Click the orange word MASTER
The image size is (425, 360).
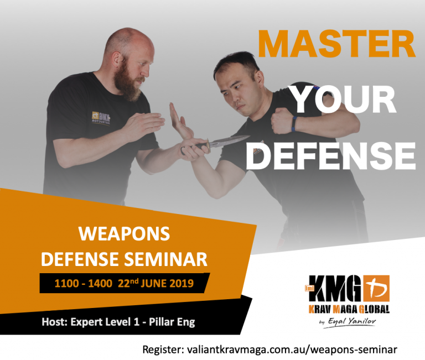[336, 44]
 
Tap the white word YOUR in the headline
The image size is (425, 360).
[344, 100]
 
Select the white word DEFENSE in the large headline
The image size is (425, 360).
[331, 156]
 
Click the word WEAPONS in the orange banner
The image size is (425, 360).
[124, 233]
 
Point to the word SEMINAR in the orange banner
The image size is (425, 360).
[165, 259]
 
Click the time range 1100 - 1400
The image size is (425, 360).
[83, 284]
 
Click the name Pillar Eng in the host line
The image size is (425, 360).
[172, 322]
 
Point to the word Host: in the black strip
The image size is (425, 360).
[54, 322]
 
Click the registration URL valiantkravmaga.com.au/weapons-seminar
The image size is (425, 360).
[292, 349]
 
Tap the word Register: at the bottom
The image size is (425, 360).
[163, 349]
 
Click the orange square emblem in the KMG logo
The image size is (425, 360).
[376, 288]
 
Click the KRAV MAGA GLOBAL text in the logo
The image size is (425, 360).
[349, 309]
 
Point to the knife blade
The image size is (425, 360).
[229, 142]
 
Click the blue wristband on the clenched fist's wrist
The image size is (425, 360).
[294, 124]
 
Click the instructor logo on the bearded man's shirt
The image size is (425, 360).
[101, 118]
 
